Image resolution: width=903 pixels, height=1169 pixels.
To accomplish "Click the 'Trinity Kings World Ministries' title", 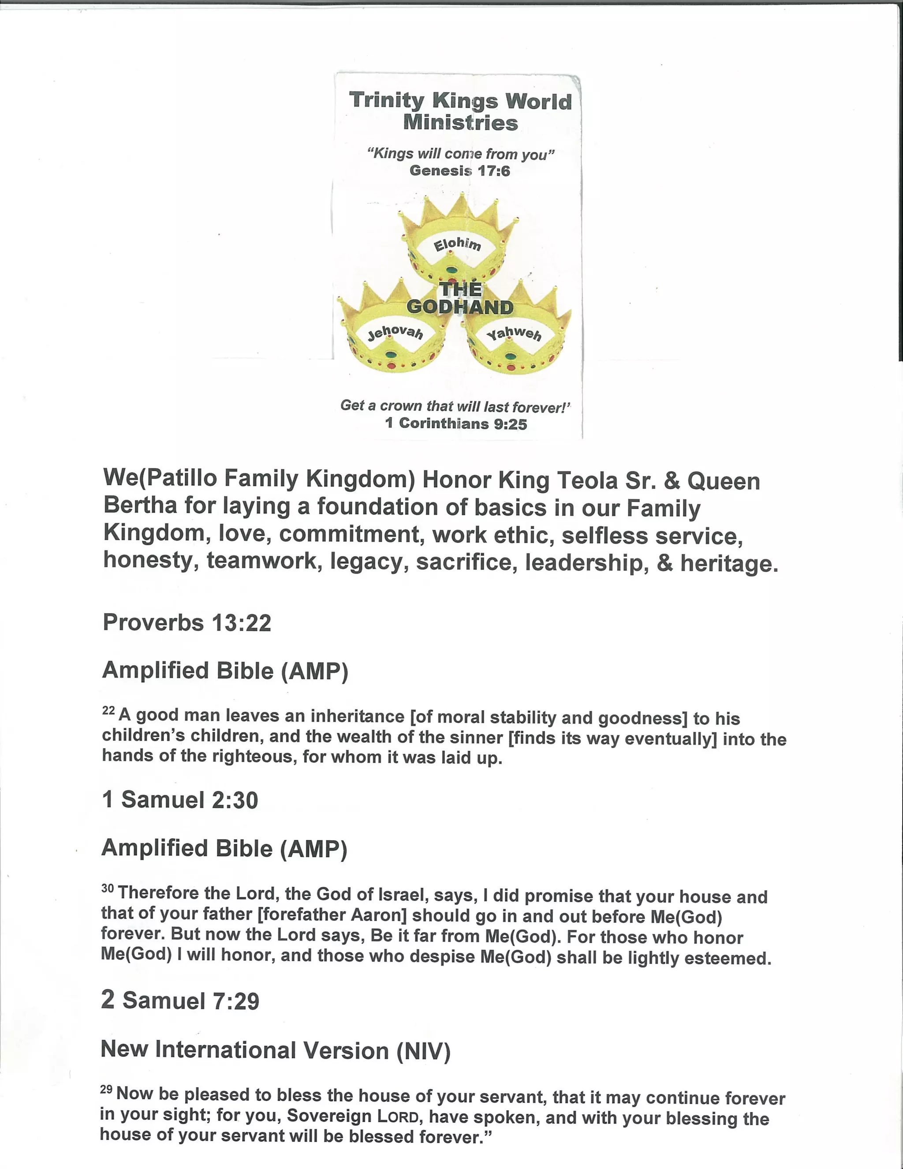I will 460,111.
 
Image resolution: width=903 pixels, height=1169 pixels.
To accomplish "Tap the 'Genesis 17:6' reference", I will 459,171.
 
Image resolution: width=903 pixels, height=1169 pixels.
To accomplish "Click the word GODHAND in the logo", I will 459,307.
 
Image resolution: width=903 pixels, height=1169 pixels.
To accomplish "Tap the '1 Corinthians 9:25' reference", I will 456,423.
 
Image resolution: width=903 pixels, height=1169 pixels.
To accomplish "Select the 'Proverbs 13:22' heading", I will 187,622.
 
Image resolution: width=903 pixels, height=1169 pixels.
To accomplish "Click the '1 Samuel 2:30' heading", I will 180,800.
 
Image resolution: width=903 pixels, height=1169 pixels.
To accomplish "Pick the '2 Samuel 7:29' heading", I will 180,1000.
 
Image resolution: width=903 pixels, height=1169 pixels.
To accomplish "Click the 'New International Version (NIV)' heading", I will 276,1051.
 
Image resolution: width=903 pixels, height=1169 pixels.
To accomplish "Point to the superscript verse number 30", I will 108,888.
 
